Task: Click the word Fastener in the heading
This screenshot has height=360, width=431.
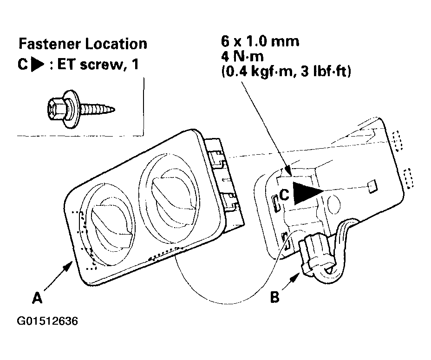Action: (x=50, y=44)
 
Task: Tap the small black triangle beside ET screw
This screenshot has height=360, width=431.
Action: (x=38, y=65)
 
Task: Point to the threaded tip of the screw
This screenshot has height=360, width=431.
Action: (x=111, y=110)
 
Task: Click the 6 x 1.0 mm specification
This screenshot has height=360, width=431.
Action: (x=260, y=41)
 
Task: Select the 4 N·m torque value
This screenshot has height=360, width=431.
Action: (x=242, y=56)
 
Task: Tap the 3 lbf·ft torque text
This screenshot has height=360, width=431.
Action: (x=326, y=72)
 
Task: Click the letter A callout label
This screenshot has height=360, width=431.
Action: (x=37, y=298)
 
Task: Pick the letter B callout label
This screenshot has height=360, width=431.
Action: (x=275, y=297)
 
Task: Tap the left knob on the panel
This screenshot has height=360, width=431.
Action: (x=111, y=224)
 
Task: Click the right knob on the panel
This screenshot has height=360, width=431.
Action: (x=172, y=195)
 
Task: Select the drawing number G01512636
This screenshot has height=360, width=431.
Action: (x=47, y=321)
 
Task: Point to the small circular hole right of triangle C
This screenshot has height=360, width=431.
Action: (x=334, y=204)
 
